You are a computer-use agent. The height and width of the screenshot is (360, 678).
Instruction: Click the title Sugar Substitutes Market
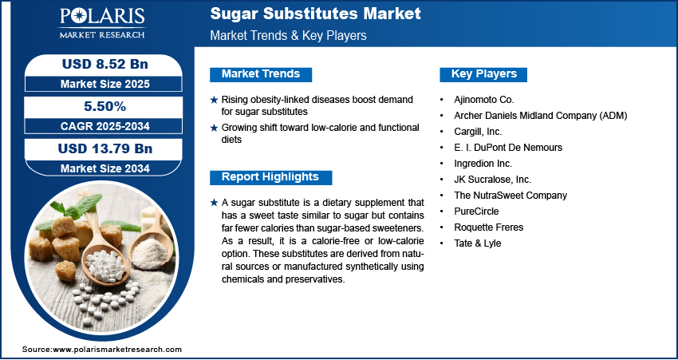coord(315,14)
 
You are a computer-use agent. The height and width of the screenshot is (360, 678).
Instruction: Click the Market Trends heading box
coord(261,74)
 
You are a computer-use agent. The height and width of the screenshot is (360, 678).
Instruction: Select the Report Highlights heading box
coord(270,177)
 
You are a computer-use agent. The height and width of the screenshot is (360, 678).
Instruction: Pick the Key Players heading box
coord(484,74)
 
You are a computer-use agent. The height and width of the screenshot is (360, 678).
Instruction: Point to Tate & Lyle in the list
coord(479,243)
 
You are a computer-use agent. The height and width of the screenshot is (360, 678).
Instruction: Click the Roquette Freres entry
coord(490,227)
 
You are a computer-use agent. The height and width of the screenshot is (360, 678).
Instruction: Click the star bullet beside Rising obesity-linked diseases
coord(213,100)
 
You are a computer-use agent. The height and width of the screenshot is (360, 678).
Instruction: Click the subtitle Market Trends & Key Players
coord(289,36)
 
